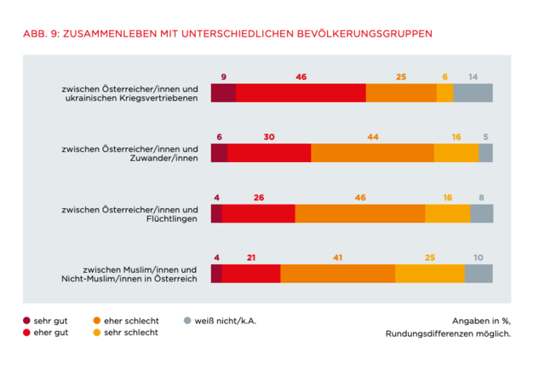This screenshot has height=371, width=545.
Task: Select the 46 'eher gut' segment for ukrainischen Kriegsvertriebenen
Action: coord(301,93)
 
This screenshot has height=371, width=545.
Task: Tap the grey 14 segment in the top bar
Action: coord(473,93)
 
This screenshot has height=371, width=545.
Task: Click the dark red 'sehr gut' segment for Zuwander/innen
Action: coord(219,153)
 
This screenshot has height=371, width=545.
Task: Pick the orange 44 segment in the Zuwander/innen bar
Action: coord(372,153)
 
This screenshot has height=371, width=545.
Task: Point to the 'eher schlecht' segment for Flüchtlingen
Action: coord(359,213)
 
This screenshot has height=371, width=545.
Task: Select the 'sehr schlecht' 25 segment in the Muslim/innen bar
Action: coord(429,273)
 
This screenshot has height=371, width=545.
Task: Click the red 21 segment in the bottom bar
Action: coord(251,273)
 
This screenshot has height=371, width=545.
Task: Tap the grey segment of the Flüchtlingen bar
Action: coord(481,213)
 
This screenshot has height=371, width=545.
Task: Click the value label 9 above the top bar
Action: coord(223,77)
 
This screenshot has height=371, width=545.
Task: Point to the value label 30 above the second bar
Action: coord(269,136)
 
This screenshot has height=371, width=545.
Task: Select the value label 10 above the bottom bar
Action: coord(479,257)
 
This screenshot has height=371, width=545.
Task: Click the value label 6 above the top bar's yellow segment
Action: coord(445,77)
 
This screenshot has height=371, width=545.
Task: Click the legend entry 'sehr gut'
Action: coord(49,321)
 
